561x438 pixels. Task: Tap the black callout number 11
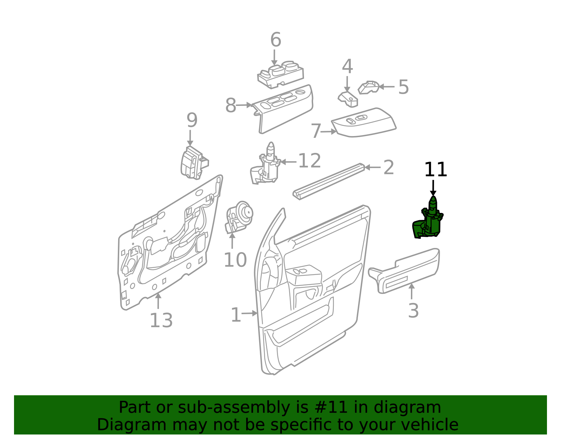point(435,170)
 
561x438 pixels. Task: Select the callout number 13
point(161,321)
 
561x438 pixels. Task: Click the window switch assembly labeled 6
point(280,74)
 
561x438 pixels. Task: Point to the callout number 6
point(276,40)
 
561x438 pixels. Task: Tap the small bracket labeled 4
point(349,99)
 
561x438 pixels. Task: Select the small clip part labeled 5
point(368,87)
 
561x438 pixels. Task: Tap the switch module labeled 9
point(192,163)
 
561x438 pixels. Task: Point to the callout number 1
point(236,315)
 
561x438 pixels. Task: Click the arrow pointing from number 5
point(387,87)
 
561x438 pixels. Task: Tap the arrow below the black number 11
point(433,188)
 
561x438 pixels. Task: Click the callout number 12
point(309,161)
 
